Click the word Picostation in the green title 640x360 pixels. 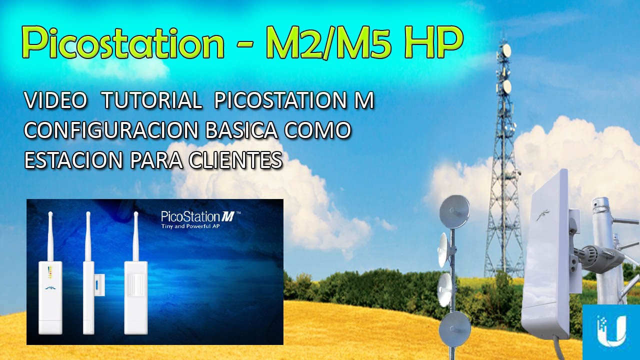tap(123, 43)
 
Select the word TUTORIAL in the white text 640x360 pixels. tap(151, 100)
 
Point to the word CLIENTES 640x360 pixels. tap(235, 160)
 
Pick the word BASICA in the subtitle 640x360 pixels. tap(241, 130)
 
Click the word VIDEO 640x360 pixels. tap(55, 100)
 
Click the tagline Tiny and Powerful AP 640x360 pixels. tap(190, 226)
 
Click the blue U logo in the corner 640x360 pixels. tap(611, 331)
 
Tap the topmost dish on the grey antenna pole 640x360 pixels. tap(454, 211)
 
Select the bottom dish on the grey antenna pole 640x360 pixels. tap(454, 329)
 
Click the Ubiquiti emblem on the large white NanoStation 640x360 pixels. tap(542, 215)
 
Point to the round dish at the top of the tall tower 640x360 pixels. tap(506, 50)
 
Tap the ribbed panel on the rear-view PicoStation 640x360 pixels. tap(136, 284)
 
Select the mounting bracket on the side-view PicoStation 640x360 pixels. tap(97, 284)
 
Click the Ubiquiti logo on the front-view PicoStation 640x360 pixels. tap(50, 288)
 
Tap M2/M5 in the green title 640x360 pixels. tap(325, 43)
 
